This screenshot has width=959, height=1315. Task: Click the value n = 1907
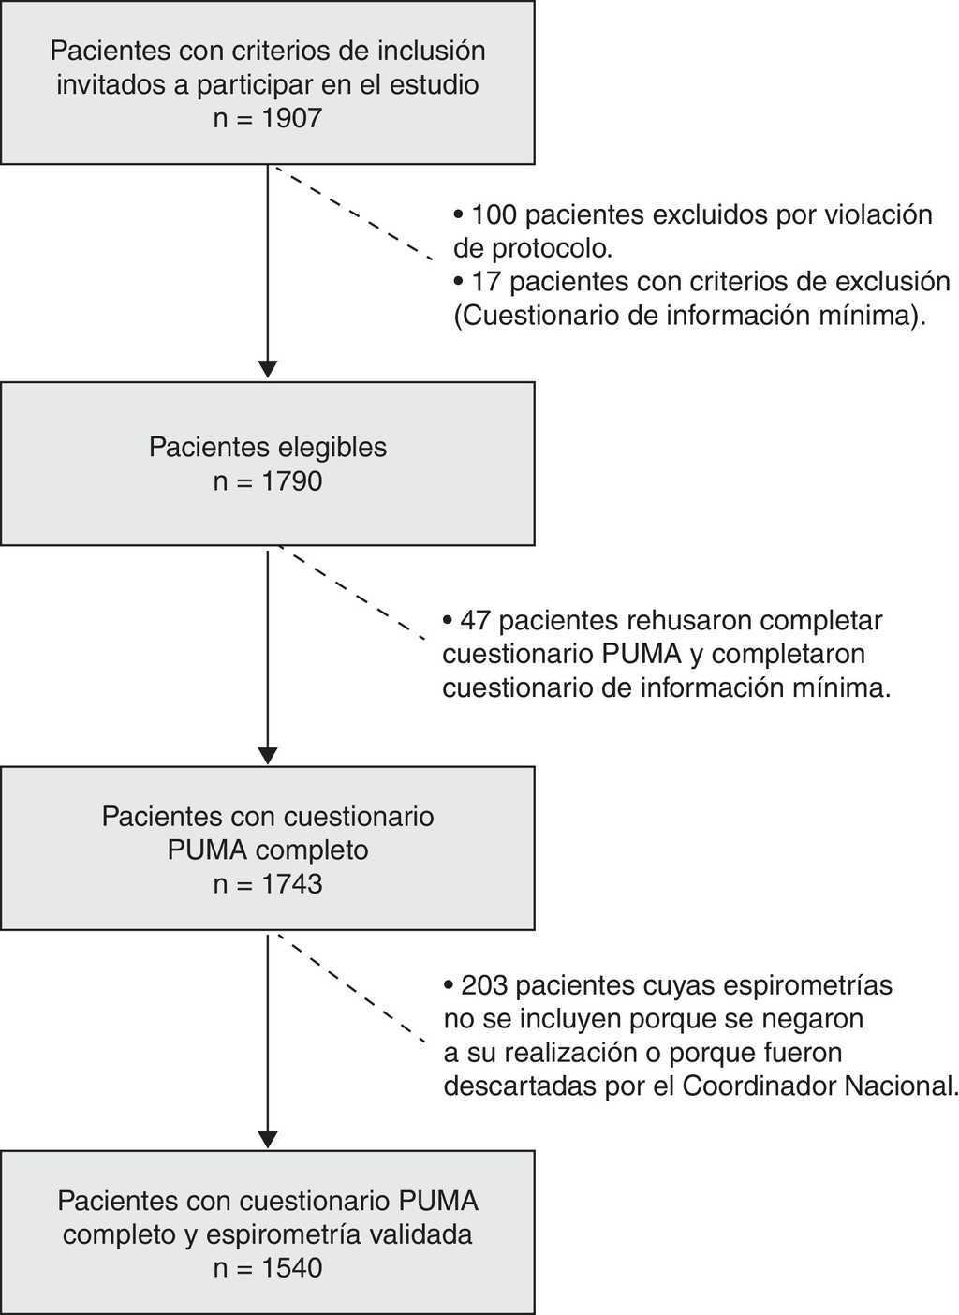(x=268, y=119)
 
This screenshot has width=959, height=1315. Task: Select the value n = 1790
(x=268, y=481)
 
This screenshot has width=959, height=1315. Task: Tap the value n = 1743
(x=268, y=883)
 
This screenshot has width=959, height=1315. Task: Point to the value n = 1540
(x=268, y=1268)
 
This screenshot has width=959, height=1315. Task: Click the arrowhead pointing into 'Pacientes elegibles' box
(x=268, y=368)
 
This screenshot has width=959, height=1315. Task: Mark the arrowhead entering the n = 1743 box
(x=268, y=755)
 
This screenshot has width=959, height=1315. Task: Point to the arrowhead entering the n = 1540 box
(x=268, y=1139)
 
